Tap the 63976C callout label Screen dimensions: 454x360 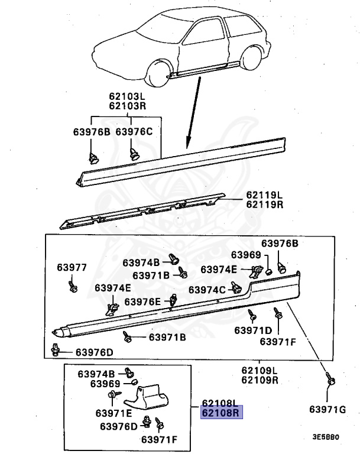tap(134, 132)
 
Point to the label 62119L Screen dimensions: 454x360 tap(265, 195)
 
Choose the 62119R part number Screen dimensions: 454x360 tap(265, 205)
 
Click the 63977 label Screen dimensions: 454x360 tap(72, 268)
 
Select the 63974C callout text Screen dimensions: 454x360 tap(207, 290)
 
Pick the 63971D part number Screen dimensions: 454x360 tap(253, 330)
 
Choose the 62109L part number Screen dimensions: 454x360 tap(260, 371)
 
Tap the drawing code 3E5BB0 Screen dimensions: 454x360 tap(326, 438)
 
